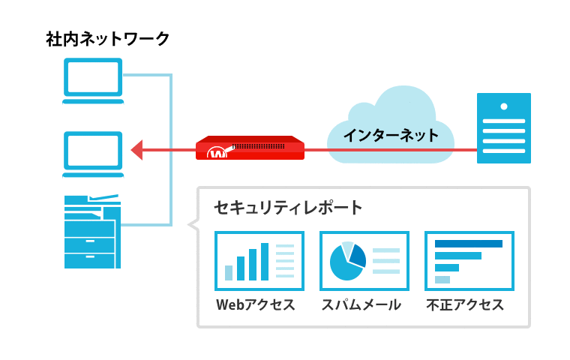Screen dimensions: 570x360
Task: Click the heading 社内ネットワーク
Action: (x=107, y=39)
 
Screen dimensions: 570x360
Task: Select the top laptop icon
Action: (x=93, y=81)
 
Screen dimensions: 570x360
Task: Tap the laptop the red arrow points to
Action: (x=93, y=154)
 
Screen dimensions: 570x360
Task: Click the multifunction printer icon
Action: (x=92, y=232)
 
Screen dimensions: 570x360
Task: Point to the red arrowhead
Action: (x=137, y=150)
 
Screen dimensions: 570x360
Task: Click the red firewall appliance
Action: (x=250, y=148)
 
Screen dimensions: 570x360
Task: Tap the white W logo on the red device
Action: (x=217, y=153)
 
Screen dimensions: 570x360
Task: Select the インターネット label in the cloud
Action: (x=391, y=135)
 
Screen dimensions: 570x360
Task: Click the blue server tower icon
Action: (x=504, y=128)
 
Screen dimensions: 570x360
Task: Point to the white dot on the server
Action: (x=504, y=106)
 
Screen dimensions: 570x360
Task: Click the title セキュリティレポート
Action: (x=288, y=208)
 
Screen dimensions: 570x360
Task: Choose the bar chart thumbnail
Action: (x=259, y=261)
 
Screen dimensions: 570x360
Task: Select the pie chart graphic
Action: (x=347, y=261)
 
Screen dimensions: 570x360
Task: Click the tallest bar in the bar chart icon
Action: (x=265, y=262)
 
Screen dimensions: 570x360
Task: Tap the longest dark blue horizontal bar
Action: (x=469, y=244)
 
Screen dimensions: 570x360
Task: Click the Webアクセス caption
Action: (x=255, y=304)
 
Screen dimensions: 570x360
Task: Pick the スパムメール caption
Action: (x=361, y=304)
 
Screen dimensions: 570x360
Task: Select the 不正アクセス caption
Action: (x=465, y=304)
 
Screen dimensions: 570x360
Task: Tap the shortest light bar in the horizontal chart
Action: (x=442, y=280)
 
